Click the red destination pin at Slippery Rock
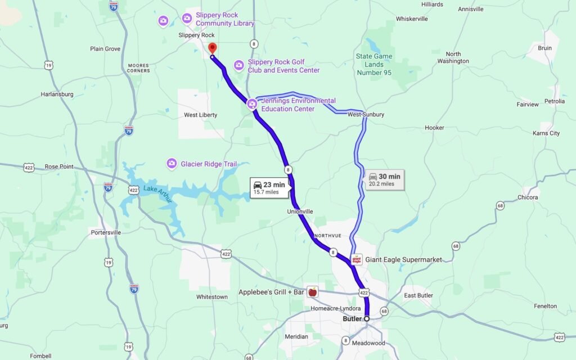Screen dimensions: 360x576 click(212, 48)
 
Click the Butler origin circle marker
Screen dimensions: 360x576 click(367, 319)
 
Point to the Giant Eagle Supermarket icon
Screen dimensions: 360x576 click(357, 259)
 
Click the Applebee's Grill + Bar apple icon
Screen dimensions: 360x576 click(313, 291)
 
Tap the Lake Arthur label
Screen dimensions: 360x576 click(157, 189)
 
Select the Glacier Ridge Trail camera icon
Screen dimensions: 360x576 click(172, 164)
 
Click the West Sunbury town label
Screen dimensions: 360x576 click(366, 115)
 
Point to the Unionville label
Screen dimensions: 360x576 click(299, 211)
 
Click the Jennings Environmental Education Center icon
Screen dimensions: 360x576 click(251, 104)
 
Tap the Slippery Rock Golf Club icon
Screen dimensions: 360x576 click(239, 66)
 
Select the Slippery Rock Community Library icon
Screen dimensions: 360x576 click(187, 19)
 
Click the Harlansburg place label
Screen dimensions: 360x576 click(57, 94)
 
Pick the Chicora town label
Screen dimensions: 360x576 click(528, 197)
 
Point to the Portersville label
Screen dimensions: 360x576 click(105, 233)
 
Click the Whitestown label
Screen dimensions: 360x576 click(212, 297)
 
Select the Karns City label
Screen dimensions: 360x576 click(546, 133)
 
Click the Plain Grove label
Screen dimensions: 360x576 click(105, 49)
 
